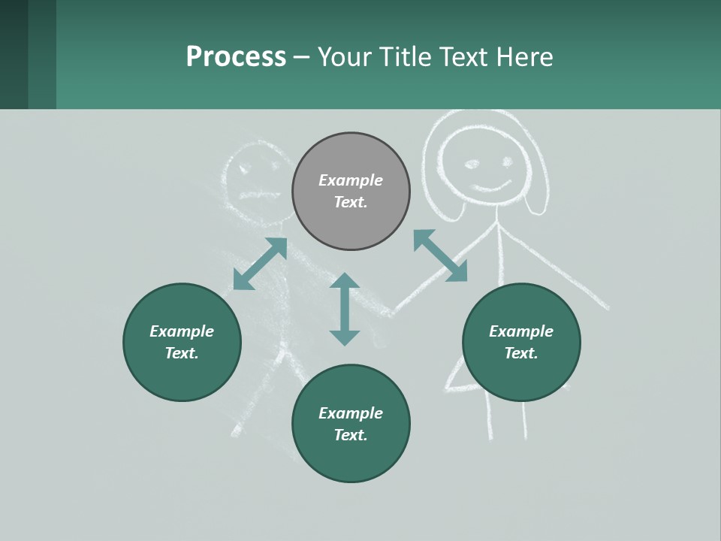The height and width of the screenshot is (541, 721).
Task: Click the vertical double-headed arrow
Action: [345, 309]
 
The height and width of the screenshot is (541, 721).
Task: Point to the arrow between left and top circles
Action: [260, 264]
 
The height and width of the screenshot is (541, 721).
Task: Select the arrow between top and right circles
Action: [440, 255]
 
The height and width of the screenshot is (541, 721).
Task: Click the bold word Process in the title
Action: [236, 57]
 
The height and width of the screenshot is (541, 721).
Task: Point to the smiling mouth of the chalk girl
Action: [491, 185]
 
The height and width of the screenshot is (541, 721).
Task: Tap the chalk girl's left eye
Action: [472, 164]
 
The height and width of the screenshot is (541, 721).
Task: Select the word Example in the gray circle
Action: [351, 180]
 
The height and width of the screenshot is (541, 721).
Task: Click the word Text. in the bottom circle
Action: [351, 435]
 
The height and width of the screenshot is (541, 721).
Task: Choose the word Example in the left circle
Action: [182, 331]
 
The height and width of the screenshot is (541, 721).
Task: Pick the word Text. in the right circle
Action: [521, 353]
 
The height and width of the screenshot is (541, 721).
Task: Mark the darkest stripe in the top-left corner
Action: [14, 54]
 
